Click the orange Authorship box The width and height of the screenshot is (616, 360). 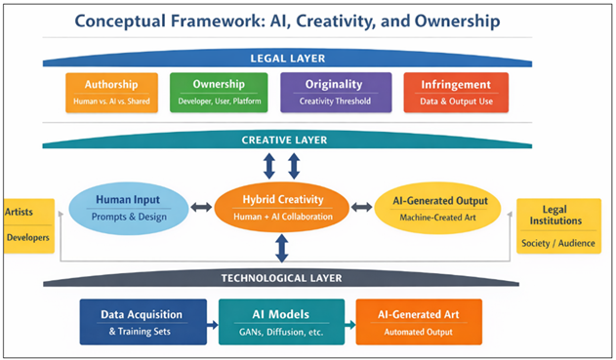point(111,93)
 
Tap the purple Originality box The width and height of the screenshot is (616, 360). point(335,93)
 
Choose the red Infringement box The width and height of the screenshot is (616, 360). point(456,93)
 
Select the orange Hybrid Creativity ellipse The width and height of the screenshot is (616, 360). point(282,208)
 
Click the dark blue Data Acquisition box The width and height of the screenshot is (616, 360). point(144,322)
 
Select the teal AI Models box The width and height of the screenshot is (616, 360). point(280,322)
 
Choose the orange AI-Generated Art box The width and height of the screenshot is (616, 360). point(418,322)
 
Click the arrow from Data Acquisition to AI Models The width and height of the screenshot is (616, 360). point(214,323)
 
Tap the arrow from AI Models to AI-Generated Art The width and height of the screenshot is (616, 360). point(349,323)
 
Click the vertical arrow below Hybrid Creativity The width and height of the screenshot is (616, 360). point(282,249)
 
